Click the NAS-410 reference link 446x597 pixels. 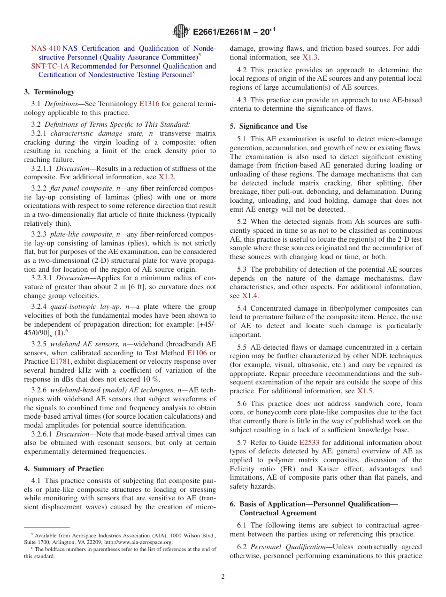pos(46,48)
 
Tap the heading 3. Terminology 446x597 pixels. pos(49,92)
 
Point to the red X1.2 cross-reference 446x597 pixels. pos(166,177)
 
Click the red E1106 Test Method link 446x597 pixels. pos(197,353)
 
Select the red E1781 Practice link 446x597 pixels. pos(60,362)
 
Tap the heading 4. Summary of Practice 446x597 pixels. pos(64,469)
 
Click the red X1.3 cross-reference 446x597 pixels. pos(310,57)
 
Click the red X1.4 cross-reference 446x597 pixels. pos(250,296)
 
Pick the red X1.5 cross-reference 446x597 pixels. pos(365,391)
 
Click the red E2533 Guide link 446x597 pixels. pos(308,443)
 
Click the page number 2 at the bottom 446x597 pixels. pos(223,577)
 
